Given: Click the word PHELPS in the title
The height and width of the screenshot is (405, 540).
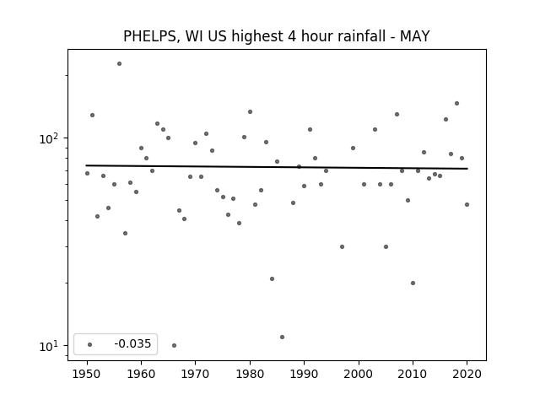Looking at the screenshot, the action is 150,36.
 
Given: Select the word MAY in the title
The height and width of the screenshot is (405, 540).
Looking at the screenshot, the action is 414,35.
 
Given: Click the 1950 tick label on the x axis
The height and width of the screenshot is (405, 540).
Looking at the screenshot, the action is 87,374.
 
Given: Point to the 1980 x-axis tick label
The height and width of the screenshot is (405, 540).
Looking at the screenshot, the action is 250,374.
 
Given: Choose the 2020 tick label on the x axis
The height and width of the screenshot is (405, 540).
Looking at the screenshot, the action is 467,374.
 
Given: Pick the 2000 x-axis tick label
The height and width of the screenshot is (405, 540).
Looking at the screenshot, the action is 358,374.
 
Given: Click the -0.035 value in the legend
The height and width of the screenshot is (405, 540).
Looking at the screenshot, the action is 132,343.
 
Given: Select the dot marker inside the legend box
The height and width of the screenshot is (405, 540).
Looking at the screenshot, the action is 89,344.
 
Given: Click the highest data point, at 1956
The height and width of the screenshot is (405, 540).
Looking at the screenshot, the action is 119,64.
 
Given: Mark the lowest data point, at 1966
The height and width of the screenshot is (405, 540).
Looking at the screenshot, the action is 174,345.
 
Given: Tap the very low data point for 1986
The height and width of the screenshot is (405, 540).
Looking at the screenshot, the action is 282,337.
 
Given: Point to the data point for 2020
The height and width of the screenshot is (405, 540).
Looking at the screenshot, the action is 467,204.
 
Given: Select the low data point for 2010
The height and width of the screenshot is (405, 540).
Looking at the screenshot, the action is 413,283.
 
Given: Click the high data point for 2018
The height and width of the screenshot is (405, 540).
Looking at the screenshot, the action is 456,103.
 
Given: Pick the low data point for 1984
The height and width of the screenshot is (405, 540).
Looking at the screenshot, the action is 272,278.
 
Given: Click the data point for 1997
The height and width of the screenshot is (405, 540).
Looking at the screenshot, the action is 342,246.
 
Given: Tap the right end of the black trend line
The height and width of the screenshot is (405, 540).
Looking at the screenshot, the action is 467,169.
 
